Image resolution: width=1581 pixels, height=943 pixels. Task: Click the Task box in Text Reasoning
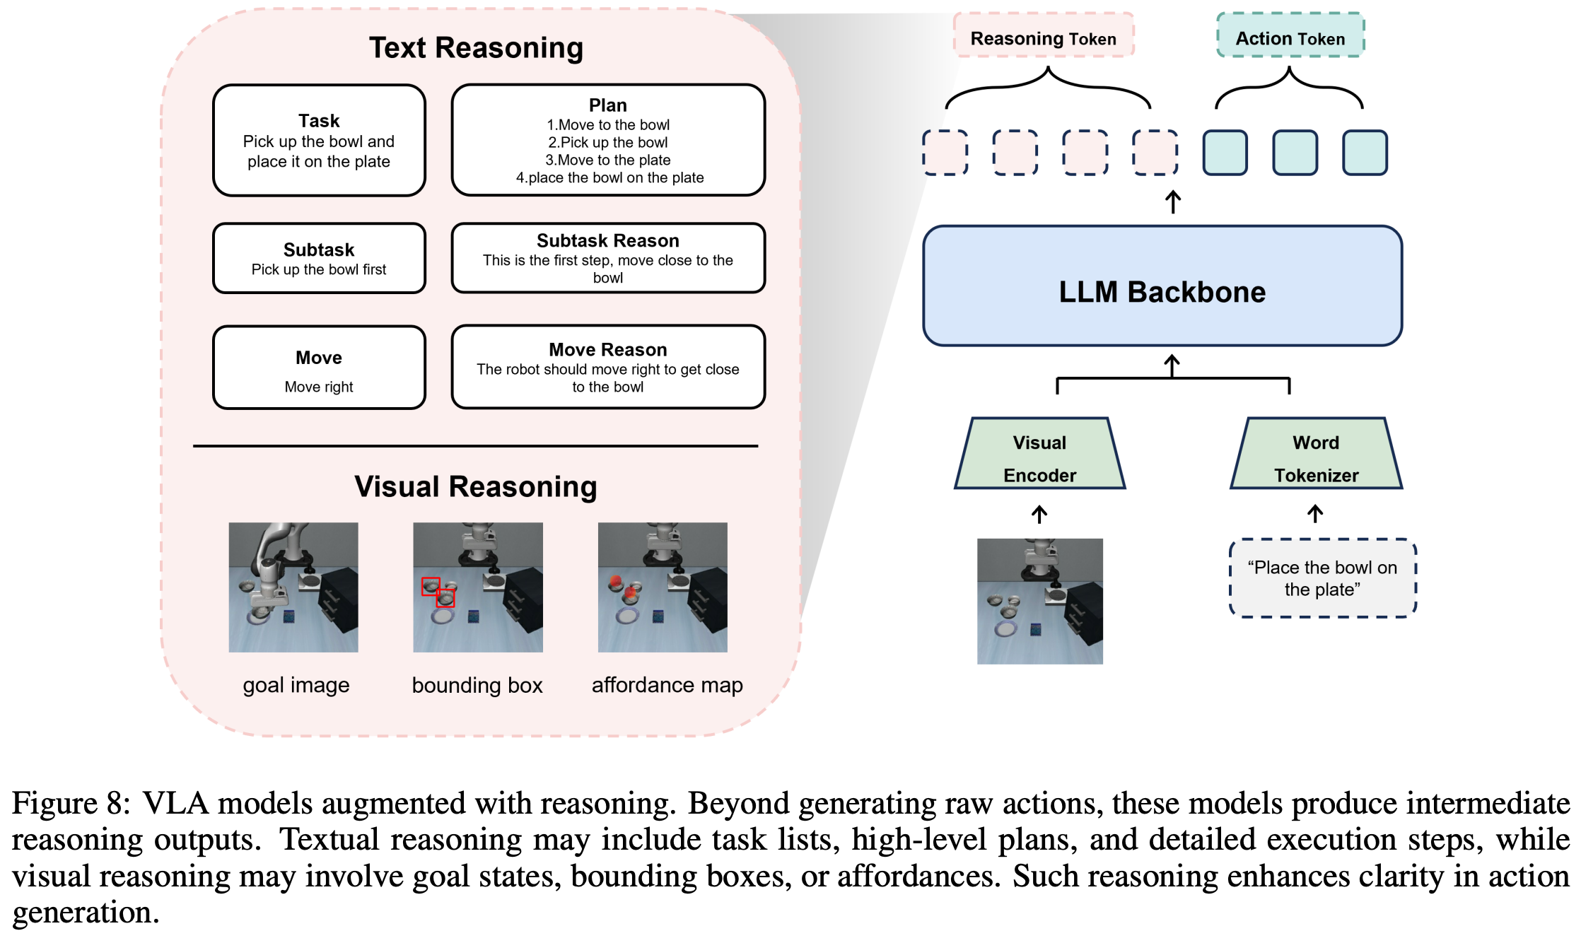(x=319, y=140)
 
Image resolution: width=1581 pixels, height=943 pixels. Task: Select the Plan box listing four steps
(x=608, y=140)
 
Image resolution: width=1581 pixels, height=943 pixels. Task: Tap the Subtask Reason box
(x=608, y=258)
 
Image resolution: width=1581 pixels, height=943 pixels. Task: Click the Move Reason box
(x=608, y=367)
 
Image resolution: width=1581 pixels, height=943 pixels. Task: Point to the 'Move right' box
(x=319, y=368)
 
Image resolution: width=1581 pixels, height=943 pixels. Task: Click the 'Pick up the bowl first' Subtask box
(x=319, y=258)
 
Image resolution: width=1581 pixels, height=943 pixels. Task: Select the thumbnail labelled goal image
(x=293, y=587)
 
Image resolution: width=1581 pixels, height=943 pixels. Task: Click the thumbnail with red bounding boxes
(x=478, y=587)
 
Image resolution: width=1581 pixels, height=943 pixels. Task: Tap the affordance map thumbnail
(x=663, y=587)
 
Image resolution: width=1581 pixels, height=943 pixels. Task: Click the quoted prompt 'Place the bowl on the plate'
(x=1322, y=578)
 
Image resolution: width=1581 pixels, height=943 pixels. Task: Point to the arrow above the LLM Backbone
(x=1173, y=201)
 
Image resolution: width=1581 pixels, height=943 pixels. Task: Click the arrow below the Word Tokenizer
(x=1315, y=514)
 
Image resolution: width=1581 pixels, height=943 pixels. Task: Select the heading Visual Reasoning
(x=475, y=486)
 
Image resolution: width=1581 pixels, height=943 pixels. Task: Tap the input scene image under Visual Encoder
(x=1039, y=601)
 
